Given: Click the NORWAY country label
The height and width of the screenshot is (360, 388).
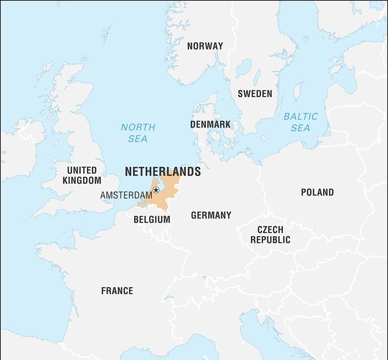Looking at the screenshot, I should pos(205,46).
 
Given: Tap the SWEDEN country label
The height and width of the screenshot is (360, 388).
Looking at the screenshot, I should pos(254,94).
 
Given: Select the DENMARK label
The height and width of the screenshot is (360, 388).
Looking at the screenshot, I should pos(210,124).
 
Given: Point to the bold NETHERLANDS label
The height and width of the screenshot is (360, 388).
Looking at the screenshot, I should pos(163,172).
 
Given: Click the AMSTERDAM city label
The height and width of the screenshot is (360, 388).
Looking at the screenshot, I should pos(126,195).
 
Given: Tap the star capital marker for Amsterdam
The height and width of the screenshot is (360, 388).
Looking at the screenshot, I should pos(156,190).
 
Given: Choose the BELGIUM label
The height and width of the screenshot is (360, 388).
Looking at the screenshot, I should pos(152,219).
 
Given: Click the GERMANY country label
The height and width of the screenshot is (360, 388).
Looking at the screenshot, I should pos(211,215).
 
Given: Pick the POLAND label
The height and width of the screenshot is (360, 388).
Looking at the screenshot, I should pos(317,192).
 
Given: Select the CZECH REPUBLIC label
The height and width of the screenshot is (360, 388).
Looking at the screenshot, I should pos(270,235).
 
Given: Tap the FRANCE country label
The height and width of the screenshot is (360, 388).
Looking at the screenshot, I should pos(117,291).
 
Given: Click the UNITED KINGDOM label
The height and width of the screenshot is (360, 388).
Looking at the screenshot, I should pos(82,175).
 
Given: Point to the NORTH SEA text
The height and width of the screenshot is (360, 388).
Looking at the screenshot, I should pos(138,133).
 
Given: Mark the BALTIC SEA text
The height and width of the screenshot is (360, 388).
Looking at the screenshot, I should pos(300,122).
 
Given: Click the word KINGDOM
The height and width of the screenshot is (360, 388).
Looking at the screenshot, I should pos(82,180).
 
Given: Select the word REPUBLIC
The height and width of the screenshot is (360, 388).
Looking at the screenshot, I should pos(270,240).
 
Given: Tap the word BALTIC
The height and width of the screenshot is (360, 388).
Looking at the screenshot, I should pos(300,117).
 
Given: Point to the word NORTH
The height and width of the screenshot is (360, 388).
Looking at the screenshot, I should pos(138,127).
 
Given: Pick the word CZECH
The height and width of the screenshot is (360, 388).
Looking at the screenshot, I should pos(270,230).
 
